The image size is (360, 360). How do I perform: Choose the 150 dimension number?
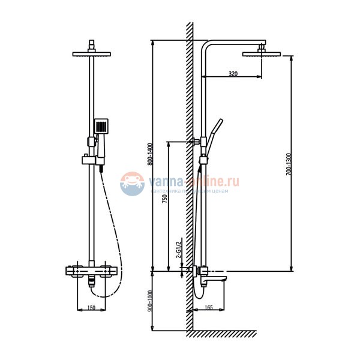point(91,308)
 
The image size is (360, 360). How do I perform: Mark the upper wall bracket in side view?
point(197,142)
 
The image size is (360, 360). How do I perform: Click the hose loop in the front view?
point(112,252)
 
